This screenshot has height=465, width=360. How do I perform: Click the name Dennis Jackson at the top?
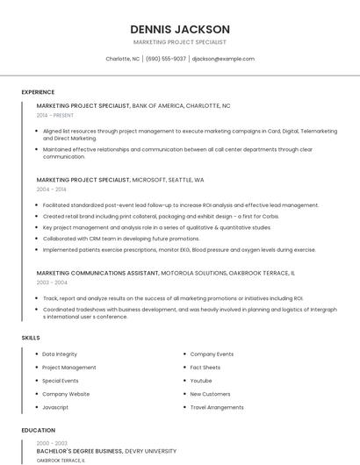[180, 29]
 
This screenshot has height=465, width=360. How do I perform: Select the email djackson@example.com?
[223, 59]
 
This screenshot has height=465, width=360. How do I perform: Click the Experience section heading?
[38, 92]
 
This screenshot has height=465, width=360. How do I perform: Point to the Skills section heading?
[31, 338]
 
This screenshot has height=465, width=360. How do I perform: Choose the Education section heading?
[38, 431]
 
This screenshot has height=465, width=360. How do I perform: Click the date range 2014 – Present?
[55, 115]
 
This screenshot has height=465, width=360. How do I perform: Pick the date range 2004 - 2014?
[51, 189]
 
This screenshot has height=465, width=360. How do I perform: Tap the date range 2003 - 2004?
[51, 283]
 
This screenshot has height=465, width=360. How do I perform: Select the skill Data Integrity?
[60, 354]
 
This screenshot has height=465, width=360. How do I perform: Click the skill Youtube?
[201, 381]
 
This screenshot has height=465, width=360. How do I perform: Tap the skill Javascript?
[55, 407]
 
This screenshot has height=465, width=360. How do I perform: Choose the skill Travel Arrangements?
[217, 407]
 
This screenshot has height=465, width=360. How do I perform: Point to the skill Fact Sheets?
[205, 368]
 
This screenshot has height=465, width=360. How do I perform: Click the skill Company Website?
[66, 394]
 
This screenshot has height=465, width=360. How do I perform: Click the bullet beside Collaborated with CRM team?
[37, 239]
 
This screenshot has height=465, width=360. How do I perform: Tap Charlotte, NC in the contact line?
[122, 59]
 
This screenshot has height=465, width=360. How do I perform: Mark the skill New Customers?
[210, 394]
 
